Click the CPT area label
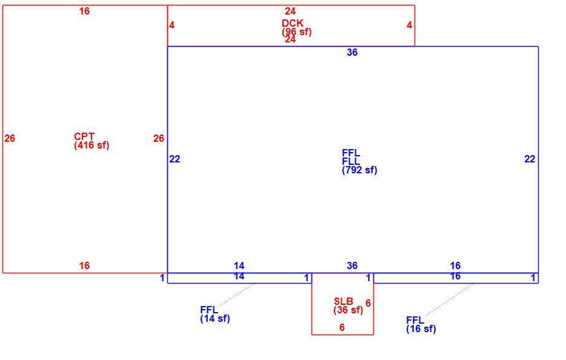pos(84,136)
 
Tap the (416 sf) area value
pos(92,145)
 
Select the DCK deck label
pos(292,23)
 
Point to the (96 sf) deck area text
pos(297,32)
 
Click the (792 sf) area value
pos(359,170)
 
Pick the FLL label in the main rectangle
pos(351,161)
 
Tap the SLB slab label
pos(344,301)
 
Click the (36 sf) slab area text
pos(348,310)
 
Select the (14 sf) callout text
pos(215,318)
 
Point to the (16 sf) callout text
pos(421,328)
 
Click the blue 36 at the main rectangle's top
pos(352,52)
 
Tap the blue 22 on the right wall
pos(530,159)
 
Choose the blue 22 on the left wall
pos(175,159)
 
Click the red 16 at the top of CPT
pos(84,11)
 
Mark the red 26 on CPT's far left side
pos(10,138)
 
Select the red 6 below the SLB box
pos(342,327)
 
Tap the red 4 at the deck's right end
pos(409,25)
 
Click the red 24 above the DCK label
pos(290,11)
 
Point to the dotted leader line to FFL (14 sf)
pos(237,295)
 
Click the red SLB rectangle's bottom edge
pos(342,335)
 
